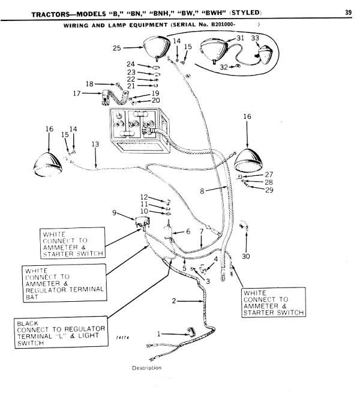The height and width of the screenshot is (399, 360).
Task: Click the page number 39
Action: [x=348, y=11]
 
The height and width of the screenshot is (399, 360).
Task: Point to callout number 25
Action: [x=118, y=47]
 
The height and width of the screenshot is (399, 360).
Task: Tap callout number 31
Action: [x=239, y=38]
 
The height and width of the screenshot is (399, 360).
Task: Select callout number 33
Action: [x=255, y=38]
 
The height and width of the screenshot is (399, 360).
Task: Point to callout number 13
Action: [x=94, y=145]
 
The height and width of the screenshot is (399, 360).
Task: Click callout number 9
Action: [x=115, y=212]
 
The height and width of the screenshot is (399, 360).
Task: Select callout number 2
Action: [x=173, y=300]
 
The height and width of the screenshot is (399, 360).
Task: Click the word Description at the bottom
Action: [x=146, y=367]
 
